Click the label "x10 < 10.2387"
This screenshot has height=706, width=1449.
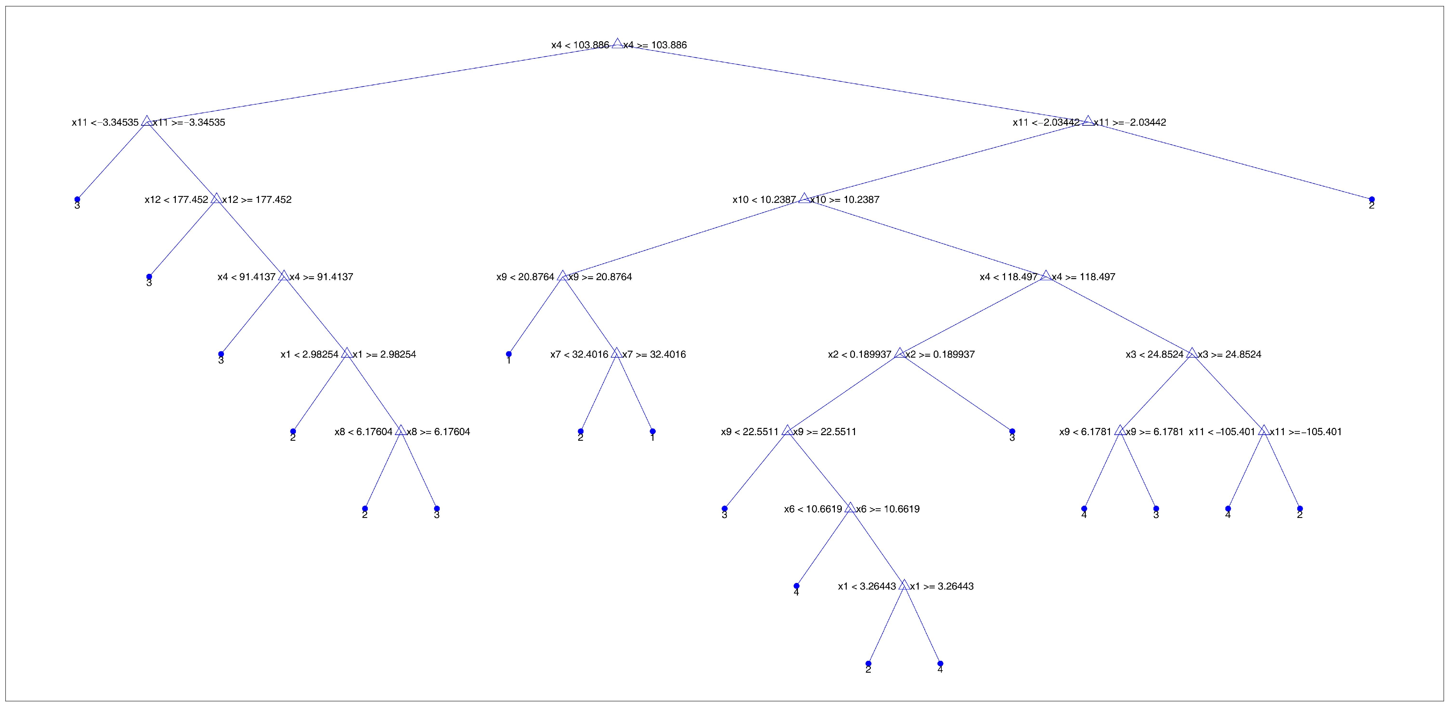[764, 200]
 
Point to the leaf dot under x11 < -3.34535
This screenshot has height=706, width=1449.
[77, 200]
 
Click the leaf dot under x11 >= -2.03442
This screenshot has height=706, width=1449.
[1371, 200]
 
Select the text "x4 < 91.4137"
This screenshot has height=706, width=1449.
[246, 277]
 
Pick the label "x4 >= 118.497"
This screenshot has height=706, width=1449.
[1084, 277]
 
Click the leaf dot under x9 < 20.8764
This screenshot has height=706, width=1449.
[509, 354]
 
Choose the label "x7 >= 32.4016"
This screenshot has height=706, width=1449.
[654, 354]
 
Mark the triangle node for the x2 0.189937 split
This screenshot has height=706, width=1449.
[899, 353]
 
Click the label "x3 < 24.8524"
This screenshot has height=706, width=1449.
[1154, 354]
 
